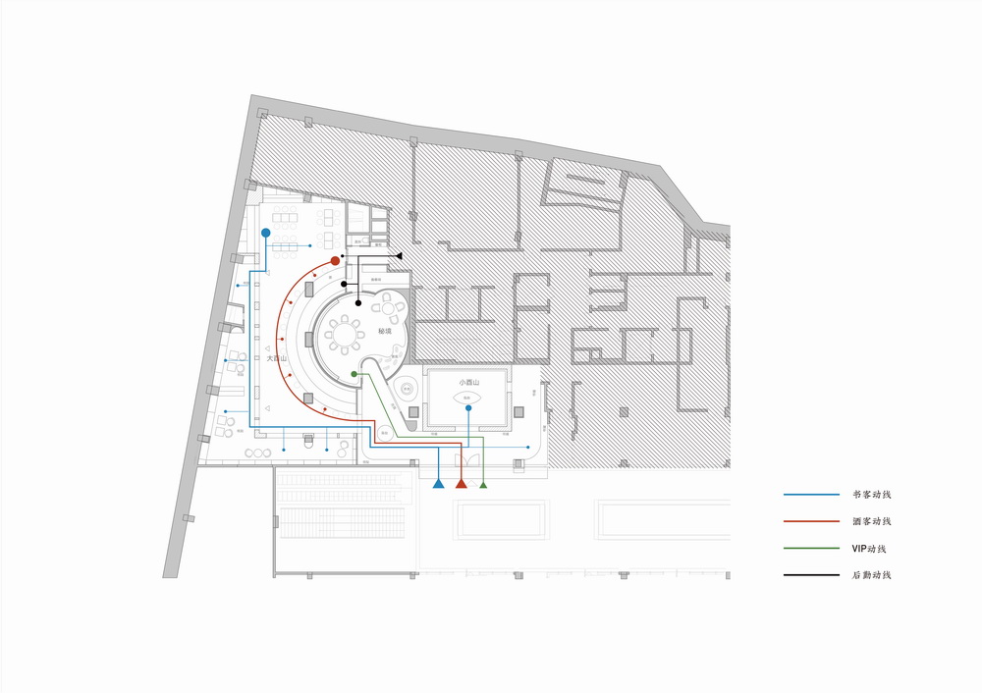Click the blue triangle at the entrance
click(438, 484)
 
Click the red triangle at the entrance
click(461, 484)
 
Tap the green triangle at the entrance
click(482, 484)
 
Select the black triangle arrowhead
click(399, 255)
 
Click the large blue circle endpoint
click(265, 233)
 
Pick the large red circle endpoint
click(336, 261)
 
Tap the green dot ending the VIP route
click(355, 374)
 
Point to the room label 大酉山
click(277, 359)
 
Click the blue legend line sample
click(811, 495)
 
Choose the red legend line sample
click(811, 521)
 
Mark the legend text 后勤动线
click(872, 575)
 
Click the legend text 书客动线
click(872, 495)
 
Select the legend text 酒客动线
click(872, 521)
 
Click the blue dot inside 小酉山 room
click(467, 407)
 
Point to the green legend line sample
click(811, 549)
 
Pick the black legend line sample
click(811, 575)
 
